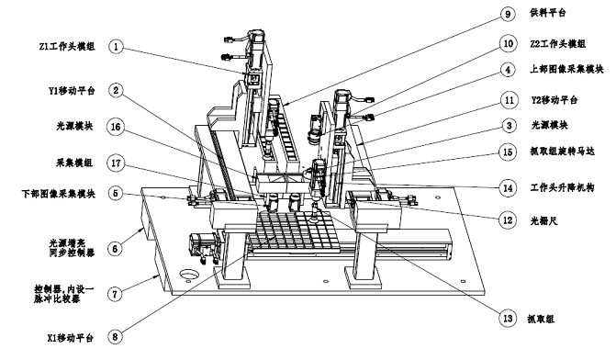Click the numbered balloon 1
pos(116,47)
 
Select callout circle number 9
pos(508,14)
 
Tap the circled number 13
pos(508,318)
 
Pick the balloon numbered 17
pos(116,163)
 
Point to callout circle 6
pos(115,249)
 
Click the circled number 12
pos(508,219)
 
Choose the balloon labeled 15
pos(508,152)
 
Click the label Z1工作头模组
pos(67,46)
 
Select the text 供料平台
pos(548,13)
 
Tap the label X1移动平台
pos(71,338)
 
